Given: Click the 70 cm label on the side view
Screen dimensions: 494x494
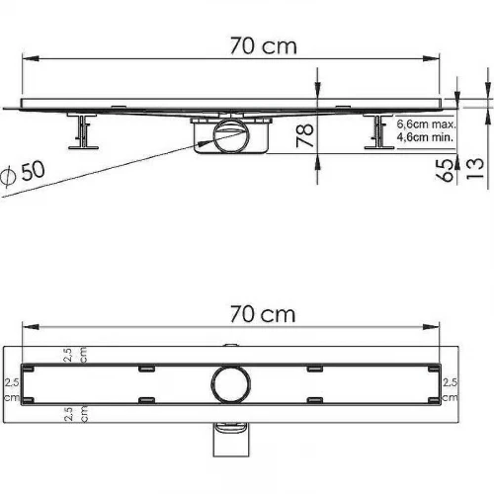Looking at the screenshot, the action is (x=264, y=46).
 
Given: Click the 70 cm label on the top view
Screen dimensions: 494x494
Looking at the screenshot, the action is (x=263, y=314).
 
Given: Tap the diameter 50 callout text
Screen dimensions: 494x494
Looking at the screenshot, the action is (x=23, y=172).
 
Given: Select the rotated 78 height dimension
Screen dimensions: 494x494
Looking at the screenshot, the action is (x=304, y=135).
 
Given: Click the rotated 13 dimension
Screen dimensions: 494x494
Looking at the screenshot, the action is (x=475, y=169).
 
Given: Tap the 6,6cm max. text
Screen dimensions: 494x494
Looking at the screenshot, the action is (x=426, y=124).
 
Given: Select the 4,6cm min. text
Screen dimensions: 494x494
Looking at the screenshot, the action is (x=425, y=137).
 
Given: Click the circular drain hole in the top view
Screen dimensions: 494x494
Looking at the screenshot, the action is (x=230, y=384).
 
